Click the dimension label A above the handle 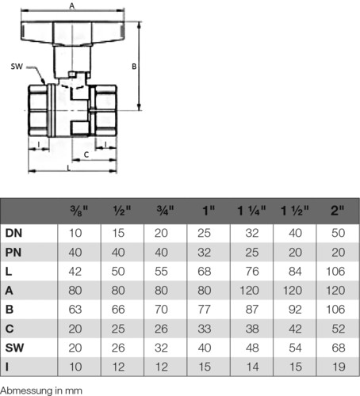(72, 6)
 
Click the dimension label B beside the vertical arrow (134, 67)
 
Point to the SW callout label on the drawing (17, 67)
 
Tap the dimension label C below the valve (86, 154)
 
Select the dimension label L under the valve (69, 168)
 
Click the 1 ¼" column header (251, 211)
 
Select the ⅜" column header (79, 211)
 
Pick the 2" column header (338, 211)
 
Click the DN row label (13, 233)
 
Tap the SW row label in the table (14, 348)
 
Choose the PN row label (13, 253)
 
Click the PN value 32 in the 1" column (204, 253)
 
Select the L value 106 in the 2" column (335, 272)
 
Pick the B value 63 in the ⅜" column (75, 310)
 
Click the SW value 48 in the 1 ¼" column (252, 348)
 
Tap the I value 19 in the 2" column (339, 367)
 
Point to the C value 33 (204, 329)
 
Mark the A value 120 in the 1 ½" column (293, 291)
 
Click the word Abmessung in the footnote (26, 390)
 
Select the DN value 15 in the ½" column (118, 233)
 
